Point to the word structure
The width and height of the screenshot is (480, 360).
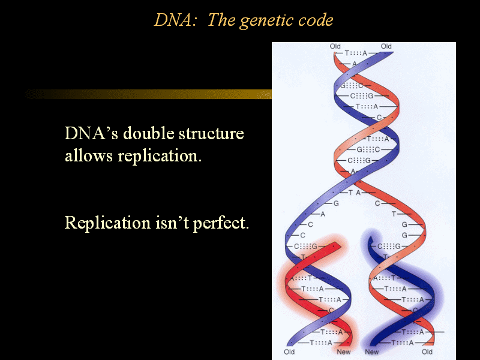point(211,134)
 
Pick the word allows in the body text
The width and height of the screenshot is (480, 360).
point(89,155)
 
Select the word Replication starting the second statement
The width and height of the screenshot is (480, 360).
point(107,223)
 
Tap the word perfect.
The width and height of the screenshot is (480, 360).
point(221,223)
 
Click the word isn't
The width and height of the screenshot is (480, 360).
point(172,223)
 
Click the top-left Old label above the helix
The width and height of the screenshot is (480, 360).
point(335,46)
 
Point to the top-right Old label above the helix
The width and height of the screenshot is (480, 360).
point(386,46)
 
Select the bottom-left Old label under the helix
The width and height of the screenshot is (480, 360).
point(289,352)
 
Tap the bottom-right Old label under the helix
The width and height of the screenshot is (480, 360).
point(427,352)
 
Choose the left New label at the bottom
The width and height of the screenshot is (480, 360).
point(343,352)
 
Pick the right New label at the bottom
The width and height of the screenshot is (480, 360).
point(371,352)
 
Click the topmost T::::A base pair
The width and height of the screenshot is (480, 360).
point(356,53)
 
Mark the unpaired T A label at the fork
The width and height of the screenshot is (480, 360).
point(355,193)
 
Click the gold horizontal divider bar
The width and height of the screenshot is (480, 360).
point(148,94)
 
